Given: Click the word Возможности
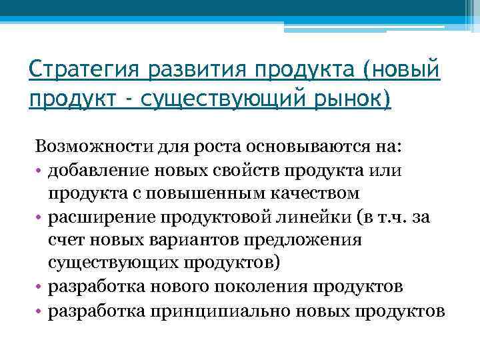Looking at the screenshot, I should (x=87, y=146).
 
